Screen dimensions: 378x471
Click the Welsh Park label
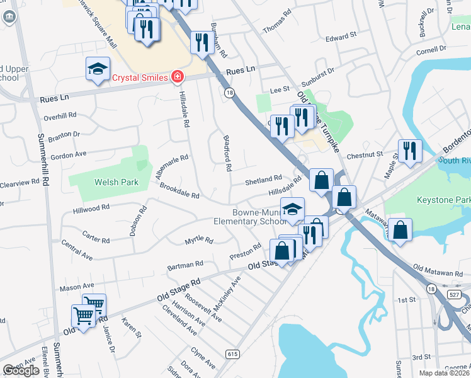click(116, 183)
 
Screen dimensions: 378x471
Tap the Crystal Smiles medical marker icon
click(178, 77)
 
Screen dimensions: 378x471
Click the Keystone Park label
click(443, 200)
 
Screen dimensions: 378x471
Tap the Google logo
click(21, 370)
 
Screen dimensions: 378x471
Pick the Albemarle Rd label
click(171, 167)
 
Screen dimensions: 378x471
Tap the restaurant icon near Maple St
click(409, 151)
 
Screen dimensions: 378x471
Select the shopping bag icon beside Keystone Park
click(400, 230)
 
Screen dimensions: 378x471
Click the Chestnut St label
click(365, 154)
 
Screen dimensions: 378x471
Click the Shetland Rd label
click(263, 181)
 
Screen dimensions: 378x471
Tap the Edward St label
click(341, 38)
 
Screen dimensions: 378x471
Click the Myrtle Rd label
click(199, 241)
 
